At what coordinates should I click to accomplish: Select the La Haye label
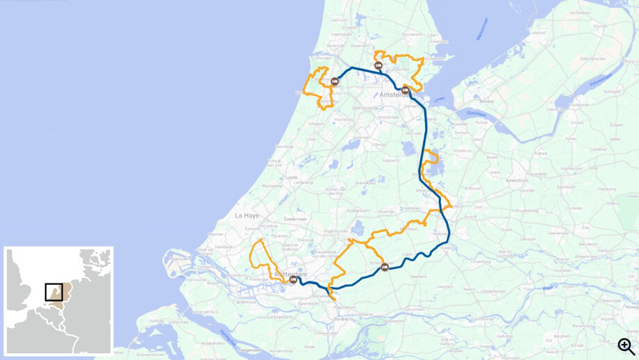coord(247,215)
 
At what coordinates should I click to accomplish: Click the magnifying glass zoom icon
coord(626,346)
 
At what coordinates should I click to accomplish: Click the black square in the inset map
coord(54,292)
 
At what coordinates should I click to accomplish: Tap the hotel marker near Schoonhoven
coord(385,268)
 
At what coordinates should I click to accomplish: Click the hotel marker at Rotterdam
coord(293,280)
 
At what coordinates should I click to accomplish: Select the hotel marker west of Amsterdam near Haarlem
coord(335,82)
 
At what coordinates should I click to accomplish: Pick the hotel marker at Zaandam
coord(379,66)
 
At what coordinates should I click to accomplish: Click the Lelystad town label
coord(538,32)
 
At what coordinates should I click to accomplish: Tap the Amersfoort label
coord(517,180)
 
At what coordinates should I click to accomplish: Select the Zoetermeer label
coord(295,219)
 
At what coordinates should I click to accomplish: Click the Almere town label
coord(486,101)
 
